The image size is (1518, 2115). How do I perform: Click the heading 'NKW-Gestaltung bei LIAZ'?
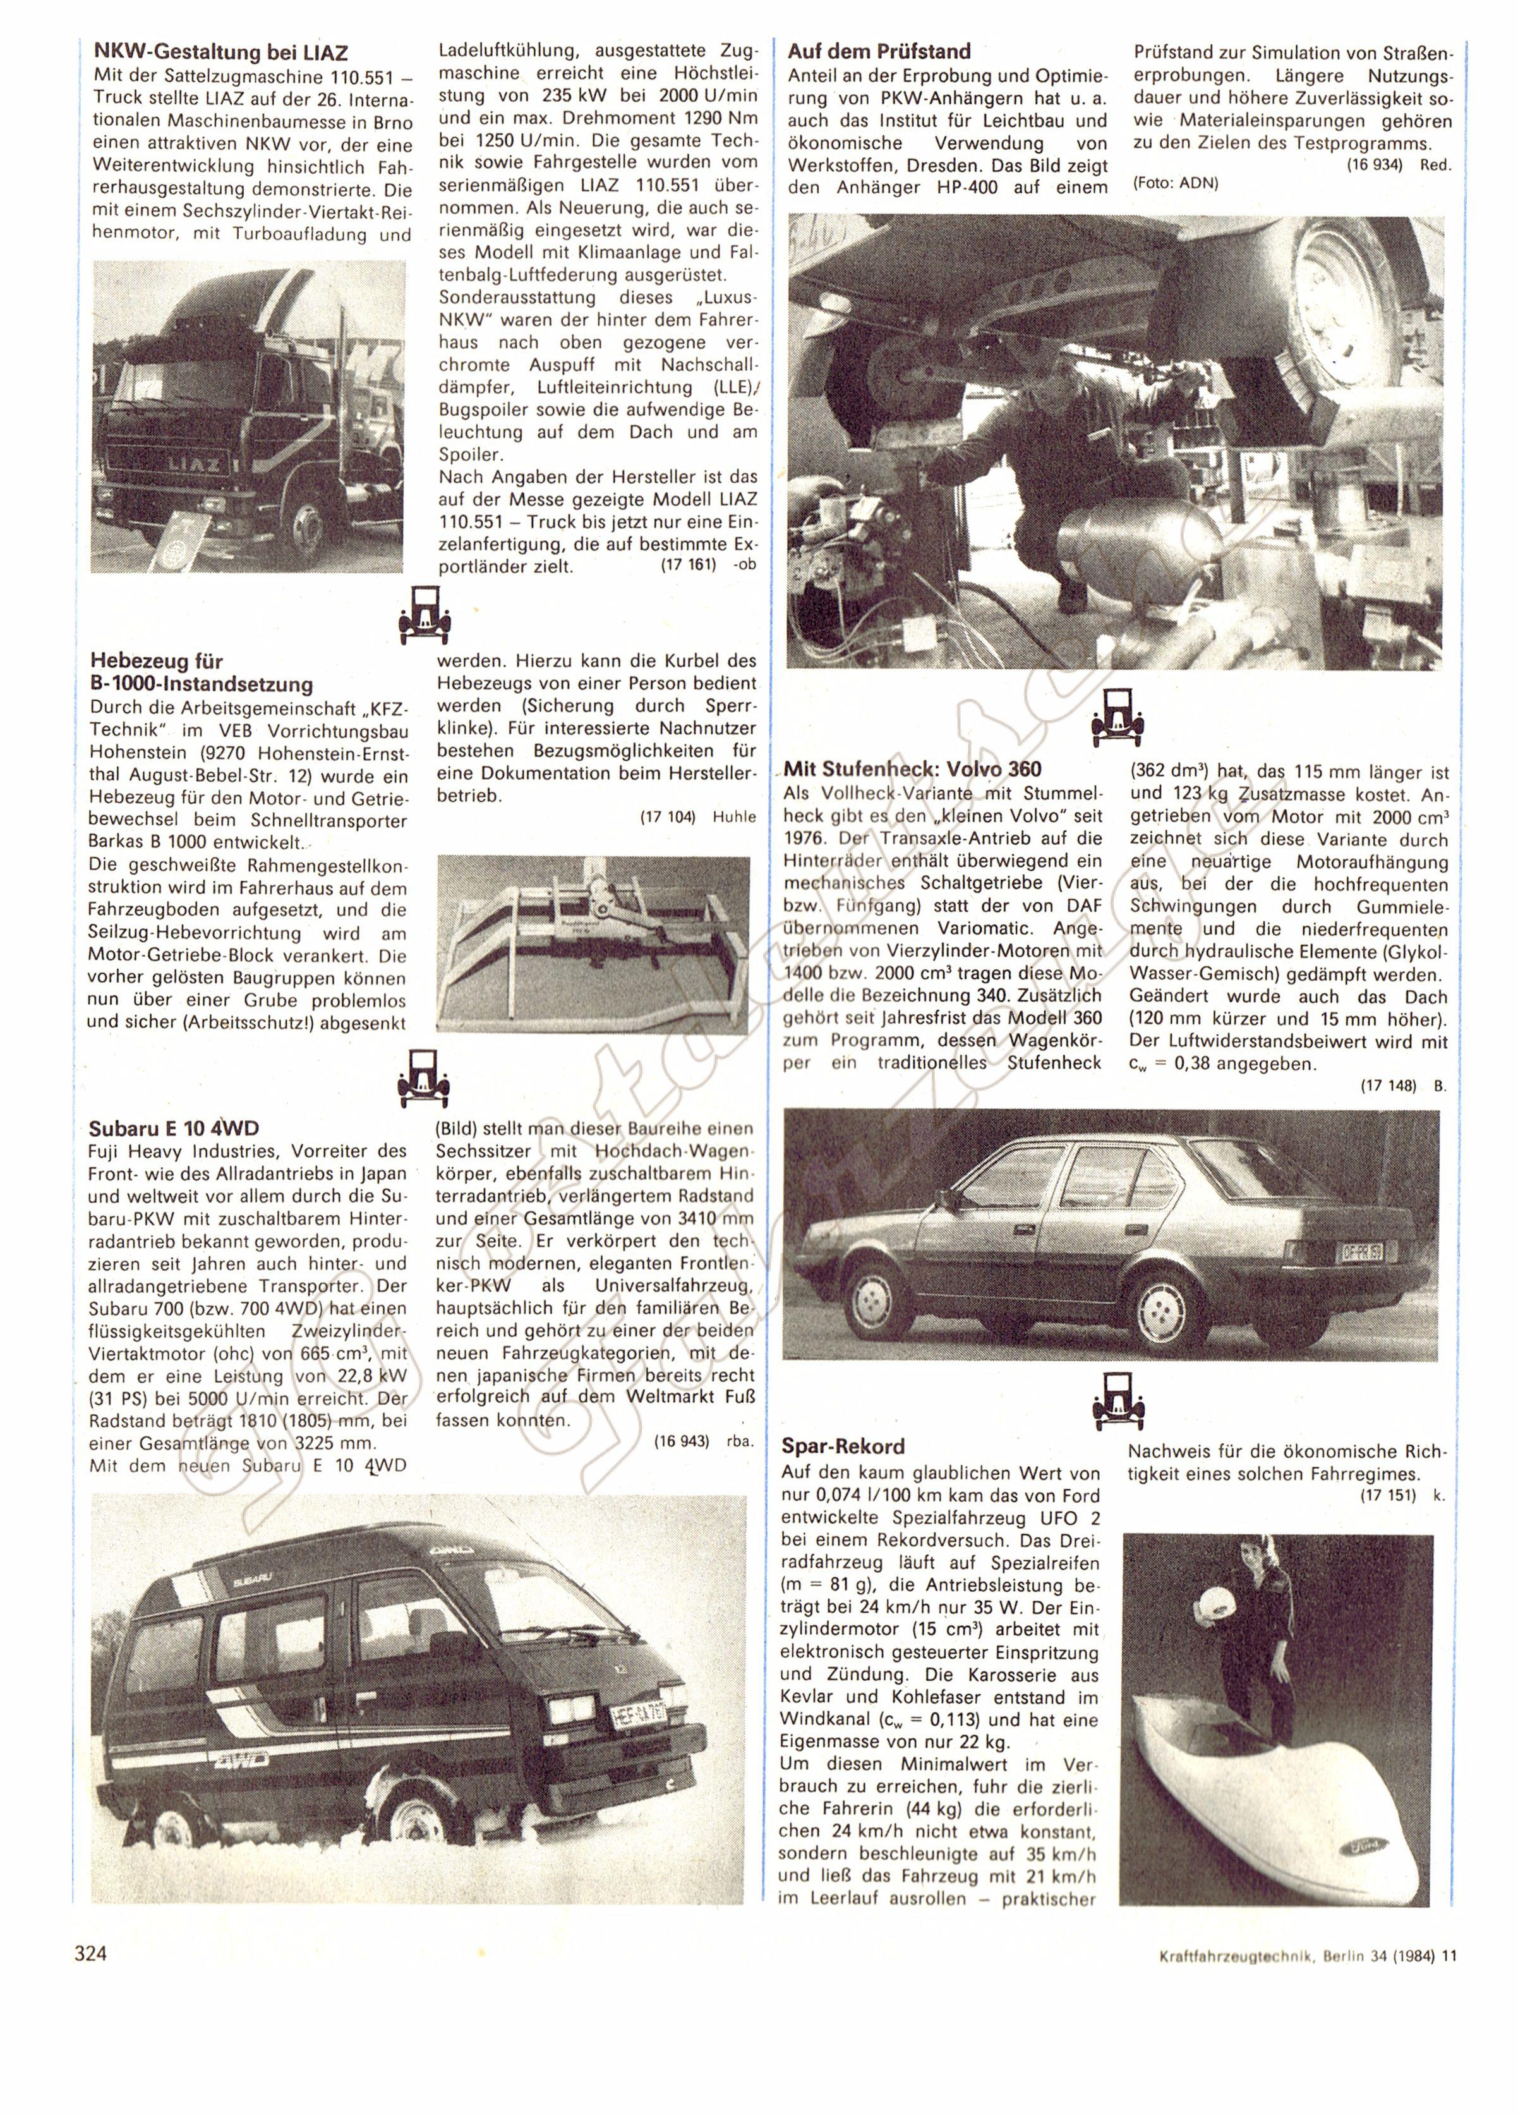221,52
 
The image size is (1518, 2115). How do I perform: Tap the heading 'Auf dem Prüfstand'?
878,51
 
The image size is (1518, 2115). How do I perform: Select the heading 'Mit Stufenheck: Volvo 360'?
912,769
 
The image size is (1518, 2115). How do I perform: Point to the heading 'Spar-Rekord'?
843,1446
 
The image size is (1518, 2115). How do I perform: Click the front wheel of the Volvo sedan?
876,1297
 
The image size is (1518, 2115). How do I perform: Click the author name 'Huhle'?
734,818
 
